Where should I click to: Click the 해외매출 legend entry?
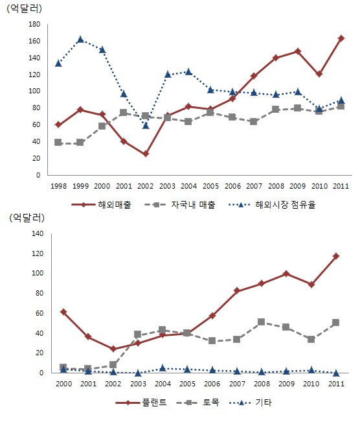(102, 205)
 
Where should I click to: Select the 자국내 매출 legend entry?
(180, 205)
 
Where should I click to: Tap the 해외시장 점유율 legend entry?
(271, 205)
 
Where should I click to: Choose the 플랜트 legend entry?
(141, 403)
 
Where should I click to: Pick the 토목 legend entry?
(197, 403)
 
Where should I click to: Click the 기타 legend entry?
(251, 403)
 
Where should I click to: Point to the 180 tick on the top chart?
(34, 24)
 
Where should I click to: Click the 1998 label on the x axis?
(59, 186)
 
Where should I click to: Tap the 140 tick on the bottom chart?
(38, 233)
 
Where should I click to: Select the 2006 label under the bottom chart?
(212, 384)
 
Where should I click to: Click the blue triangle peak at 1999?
(80, 40)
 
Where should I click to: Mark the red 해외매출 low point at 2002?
(146, 154)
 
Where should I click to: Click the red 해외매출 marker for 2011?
(341, 38)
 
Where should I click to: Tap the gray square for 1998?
(58, 143)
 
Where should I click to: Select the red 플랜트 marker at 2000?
(63, 312)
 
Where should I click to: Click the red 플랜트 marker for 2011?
(336, 256)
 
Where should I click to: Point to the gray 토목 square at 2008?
(261, 322)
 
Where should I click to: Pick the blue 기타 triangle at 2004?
(163, 368)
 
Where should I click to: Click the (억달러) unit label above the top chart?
(24, 9)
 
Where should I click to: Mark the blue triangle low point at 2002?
(146, 126)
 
